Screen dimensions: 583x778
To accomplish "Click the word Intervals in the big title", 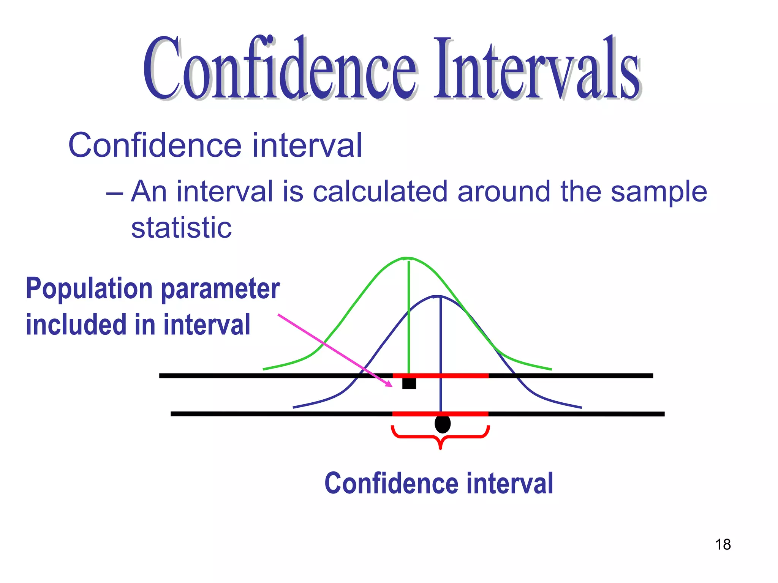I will pyautogui.click(x=538, y=68).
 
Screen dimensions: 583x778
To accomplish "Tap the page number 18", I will pyautogui.click(x=723, y=544).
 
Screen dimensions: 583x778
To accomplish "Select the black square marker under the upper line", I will pyautogui.click(x=409, y=383).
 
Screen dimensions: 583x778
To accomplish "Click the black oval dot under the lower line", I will pyautogui.click(x=443, y=424).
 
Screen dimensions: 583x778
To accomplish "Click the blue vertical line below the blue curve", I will pyautogui.click(x=441, y=353).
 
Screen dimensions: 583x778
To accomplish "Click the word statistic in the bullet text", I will pyautogui.click(x=181, y=228).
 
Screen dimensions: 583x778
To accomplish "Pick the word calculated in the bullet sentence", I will pyautogui.click(x=380, y=191).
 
